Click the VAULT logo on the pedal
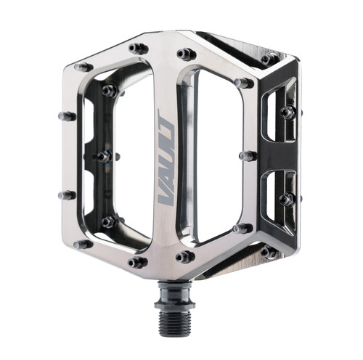166,155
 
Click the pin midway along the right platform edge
248,156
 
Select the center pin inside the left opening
104,155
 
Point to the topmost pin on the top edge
138,49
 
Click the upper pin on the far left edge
68,116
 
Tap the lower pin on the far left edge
68,195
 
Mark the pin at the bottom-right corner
268,252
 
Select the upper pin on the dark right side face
288,112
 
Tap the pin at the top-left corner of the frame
83,67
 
